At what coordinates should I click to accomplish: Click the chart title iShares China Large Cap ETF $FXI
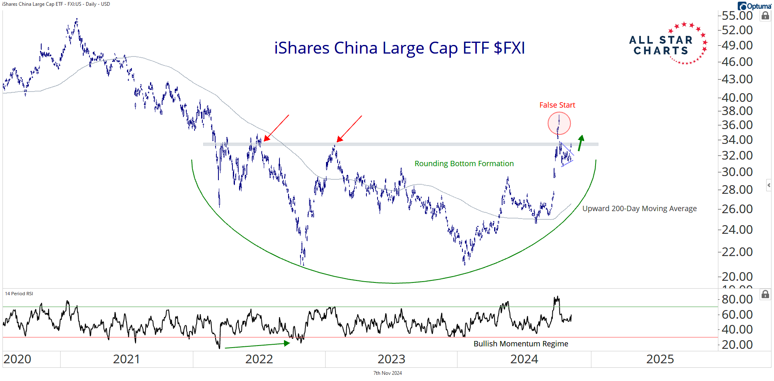[x=399, y=48]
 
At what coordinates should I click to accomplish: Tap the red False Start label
[x=557, y=105]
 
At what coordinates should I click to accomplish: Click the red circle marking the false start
[x=559, y=123]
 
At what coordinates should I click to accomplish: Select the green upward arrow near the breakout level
[x=580, y=143]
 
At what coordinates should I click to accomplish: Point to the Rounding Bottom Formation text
[x=464, y=164]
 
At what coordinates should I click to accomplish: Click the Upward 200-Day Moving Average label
[x=639, y=209]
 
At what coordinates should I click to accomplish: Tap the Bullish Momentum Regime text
[x=521, y=344]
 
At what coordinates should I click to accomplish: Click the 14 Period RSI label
[x=19, y=294]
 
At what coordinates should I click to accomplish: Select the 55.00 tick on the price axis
[x=737, y=16]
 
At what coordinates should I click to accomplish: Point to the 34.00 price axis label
[x=737, y=140]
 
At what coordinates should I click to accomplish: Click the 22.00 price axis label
[x=737, y=252]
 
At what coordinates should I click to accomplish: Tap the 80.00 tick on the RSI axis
[x=737, y=299]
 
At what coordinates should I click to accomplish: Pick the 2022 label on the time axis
[x=259, y=359]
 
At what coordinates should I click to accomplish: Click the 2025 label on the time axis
[x=660, y=359]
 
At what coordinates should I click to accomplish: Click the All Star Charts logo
[x=668, y=44]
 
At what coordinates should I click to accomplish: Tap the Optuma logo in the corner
[x=754, y=6]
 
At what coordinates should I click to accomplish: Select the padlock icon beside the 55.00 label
[x=765, y=16]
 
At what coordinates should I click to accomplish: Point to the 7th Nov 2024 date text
[x=387, y=373]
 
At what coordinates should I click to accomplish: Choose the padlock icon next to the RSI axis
[x=765, y=294]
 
